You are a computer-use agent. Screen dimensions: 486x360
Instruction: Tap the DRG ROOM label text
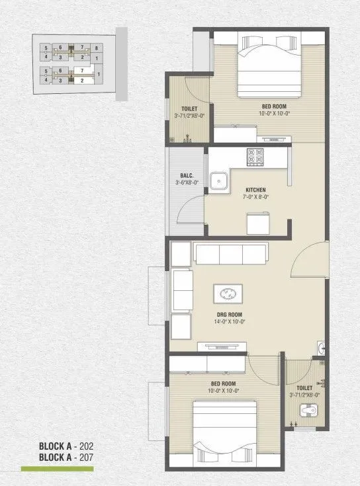228,314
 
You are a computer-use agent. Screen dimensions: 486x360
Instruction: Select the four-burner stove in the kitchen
255,157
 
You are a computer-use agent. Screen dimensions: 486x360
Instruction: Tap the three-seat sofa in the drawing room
231,253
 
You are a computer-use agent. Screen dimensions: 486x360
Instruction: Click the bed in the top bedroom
267,64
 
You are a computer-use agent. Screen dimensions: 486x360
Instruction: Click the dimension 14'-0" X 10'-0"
228,321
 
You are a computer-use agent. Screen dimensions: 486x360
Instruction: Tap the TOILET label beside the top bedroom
189,109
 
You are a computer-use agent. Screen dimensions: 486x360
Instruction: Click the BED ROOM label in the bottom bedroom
224,383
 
